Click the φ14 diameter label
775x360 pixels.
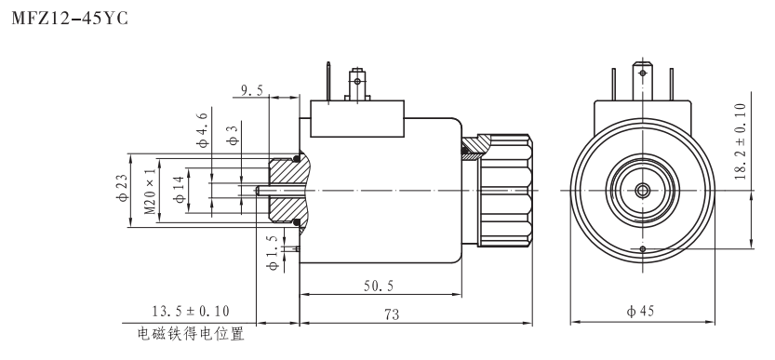pyautogui.click(x=178, y=189)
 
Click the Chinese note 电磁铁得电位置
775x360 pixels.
pyautogui.click(x=191, y=332)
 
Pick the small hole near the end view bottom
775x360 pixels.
pyautogui.click(x=643, y=248)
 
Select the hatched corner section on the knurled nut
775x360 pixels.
pyautogui.click(x=478, y=144)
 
